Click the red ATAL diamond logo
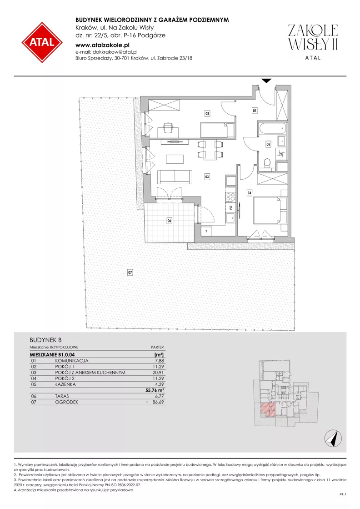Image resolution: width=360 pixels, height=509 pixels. [42, 42]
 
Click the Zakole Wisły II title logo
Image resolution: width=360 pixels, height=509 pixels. [313, 42]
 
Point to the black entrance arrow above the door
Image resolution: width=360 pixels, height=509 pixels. [266, 81]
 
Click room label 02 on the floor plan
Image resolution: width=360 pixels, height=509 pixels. [207, 114]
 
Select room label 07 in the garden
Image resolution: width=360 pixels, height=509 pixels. [130, 272]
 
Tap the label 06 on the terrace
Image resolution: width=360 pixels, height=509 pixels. [169, 221]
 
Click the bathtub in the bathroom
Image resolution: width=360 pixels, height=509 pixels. [272, 129]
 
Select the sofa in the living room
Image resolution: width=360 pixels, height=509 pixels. [175, 176]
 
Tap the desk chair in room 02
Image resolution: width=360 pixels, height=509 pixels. [168, 127]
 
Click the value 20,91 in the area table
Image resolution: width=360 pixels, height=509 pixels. [158, 373]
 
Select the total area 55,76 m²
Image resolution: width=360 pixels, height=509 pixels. [155, 391]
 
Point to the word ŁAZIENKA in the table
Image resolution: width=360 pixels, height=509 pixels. [65, 384]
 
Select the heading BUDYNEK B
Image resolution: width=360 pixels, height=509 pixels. [46, 340]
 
